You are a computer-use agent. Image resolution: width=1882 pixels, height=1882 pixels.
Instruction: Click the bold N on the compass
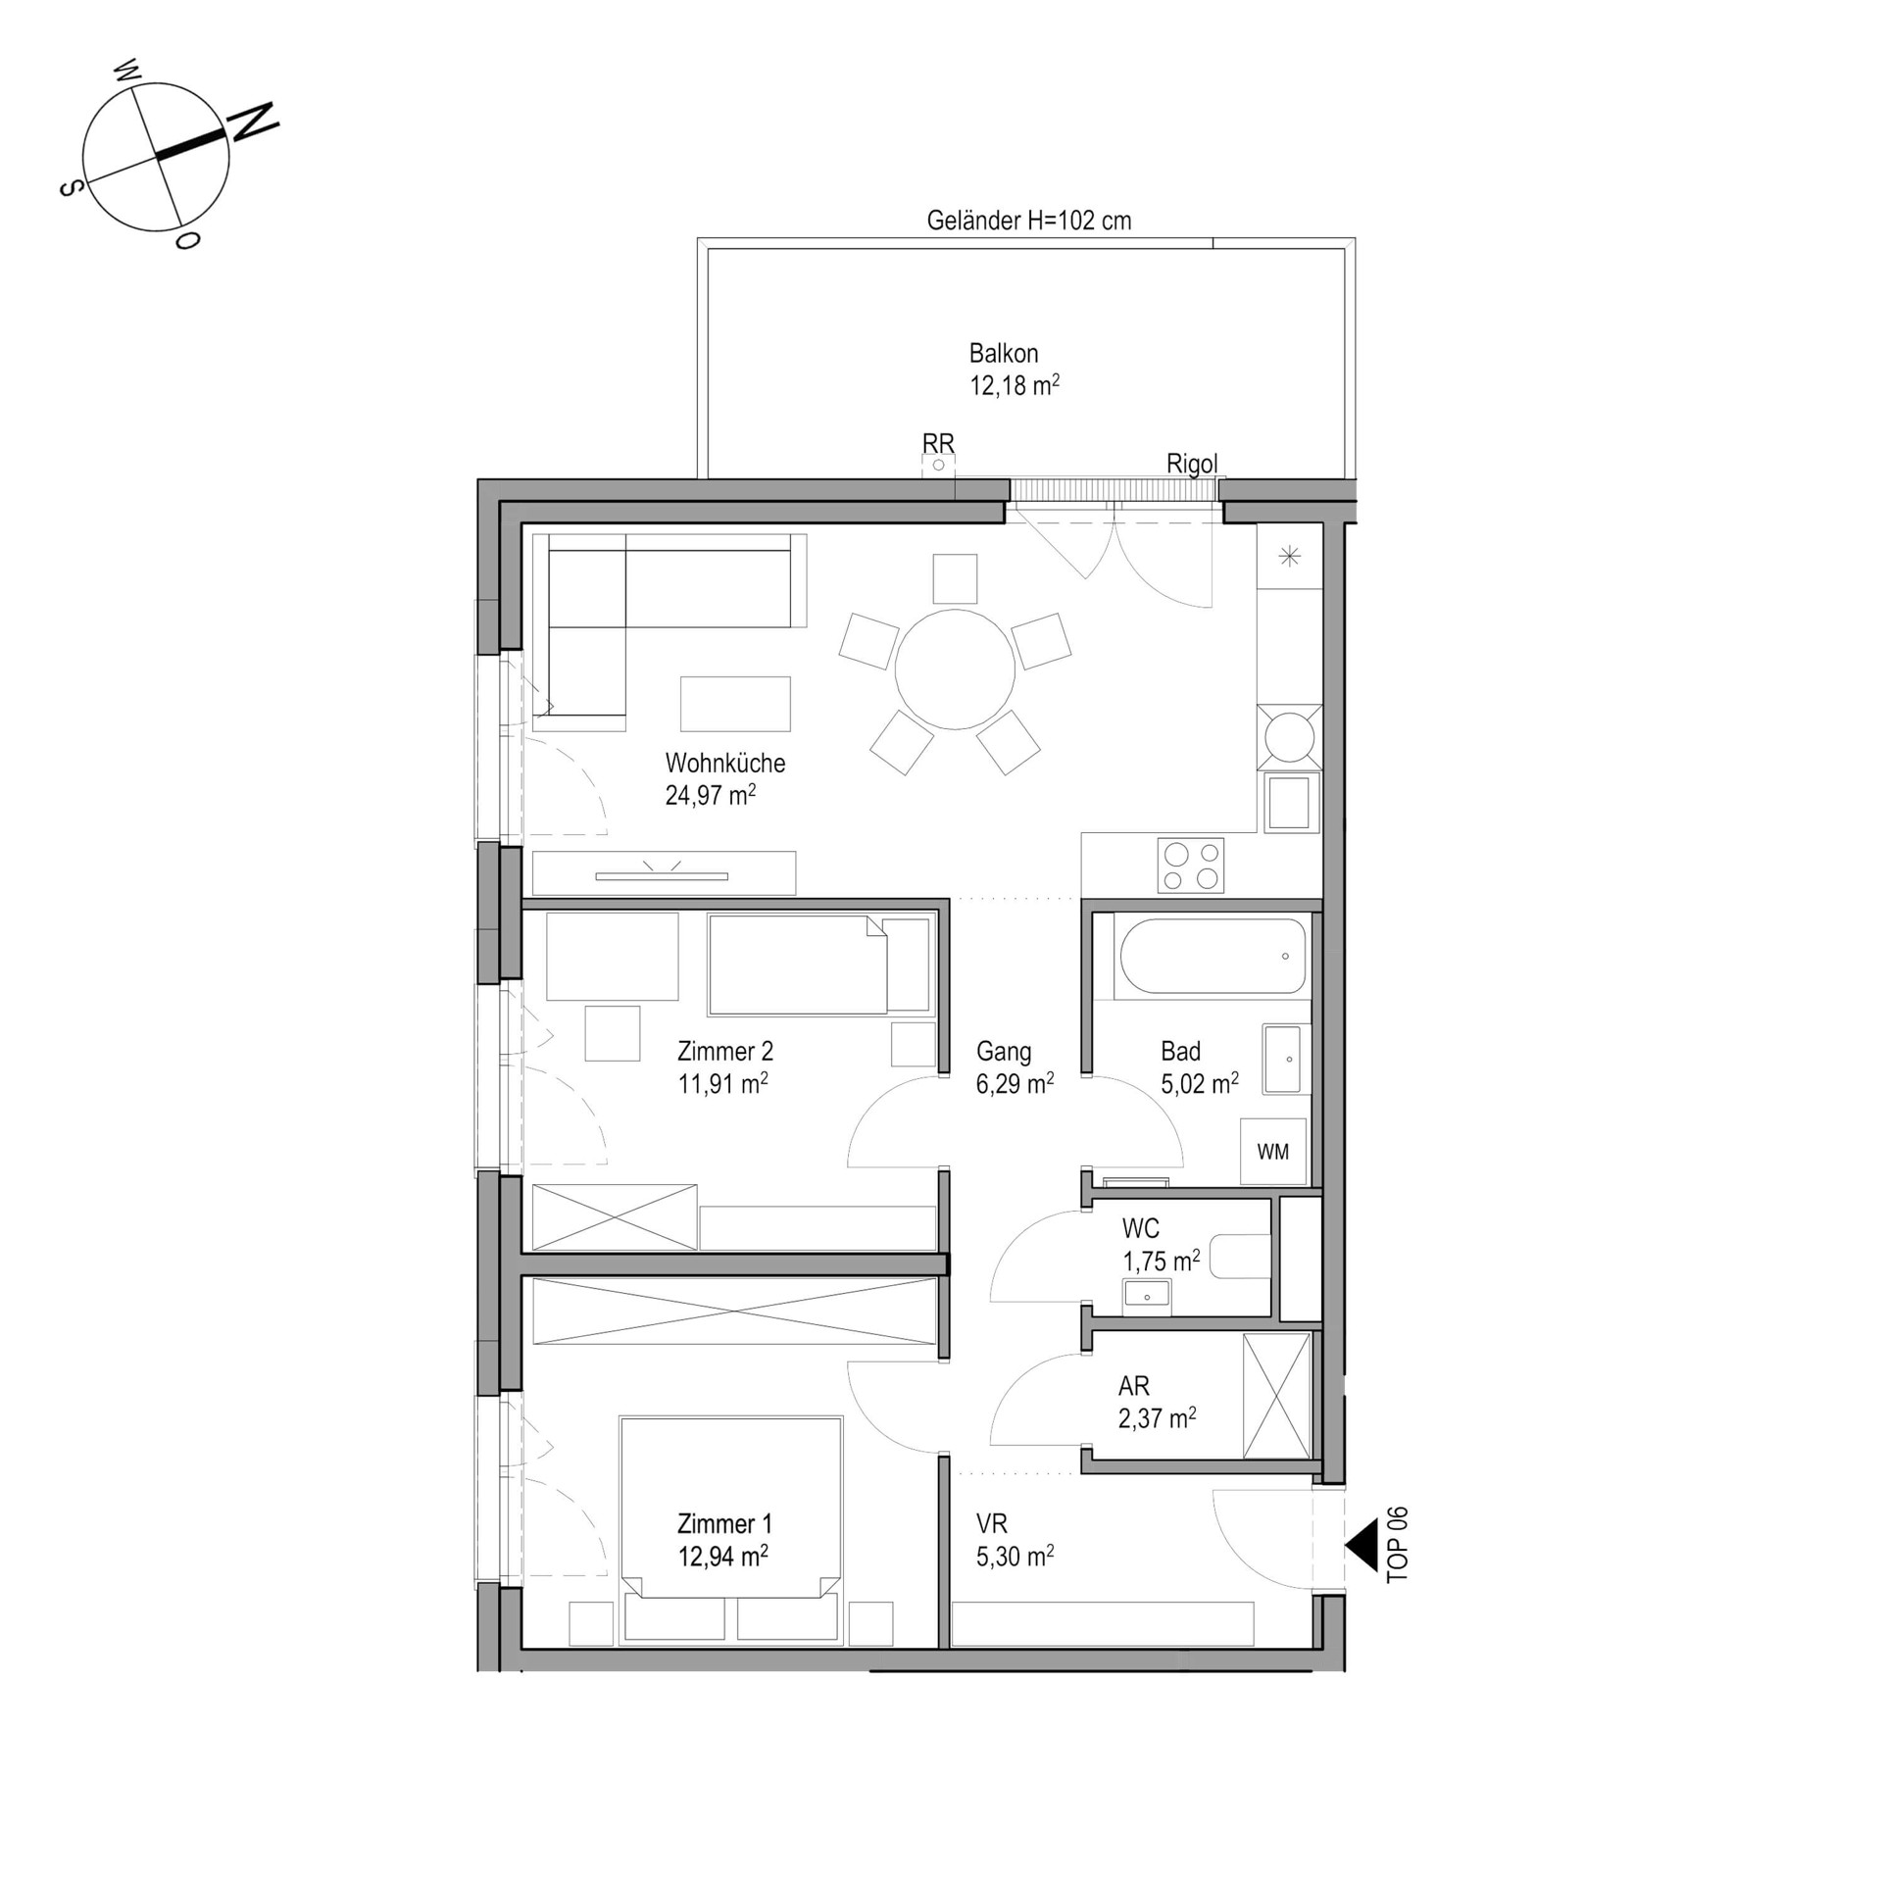coord(253,122)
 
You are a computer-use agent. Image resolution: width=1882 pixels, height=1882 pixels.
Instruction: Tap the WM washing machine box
coord(1273,1152)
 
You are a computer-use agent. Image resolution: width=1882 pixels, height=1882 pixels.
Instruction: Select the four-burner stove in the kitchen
coord(1191,866)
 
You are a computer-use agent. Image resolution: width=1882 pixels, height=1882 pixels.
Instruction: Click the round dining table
coord(955,669)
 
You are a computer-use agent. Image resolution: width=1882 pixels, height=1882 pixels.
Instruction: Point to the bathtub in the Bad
coord(1213,956)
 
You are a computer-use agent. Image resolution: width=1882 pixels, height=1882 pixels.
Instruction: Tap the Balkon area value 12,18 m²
coord(1015,385)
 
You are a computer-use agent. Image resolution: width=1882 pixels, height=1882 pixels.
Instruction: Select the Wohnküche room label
coord(725,762)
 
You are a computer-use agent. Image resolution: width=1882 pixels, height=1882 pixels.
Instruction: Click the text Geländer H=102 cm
coord(1029,221)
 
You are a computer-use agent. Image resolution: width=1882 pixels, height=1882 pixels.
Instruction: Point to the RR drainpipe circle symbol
coord(938,466)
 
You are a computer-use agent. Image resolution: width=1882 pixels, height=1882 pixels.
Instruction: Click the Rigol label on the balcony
coord(1192,464)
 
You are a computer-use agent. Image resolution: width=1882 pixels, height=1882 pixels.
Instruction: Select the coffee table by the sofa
coord(735,704)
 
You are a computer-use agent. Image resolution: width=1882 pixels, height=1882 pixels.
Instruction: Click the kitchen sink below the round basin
coord(1290,804)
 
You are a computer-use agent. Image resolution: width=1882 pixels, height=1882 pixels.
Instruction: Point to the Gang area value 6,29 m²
coord(1015,1084)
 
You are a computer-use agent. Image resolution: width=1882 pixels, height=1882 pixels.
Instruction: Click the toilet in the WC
coord(1241,1257)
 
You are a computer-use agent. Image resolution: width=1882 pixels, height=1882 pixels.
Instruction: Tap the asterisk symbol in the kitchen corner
coord(1289,557)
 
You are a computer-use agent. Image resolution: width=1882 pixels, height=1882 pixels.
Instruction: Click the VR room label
coord(992,1524)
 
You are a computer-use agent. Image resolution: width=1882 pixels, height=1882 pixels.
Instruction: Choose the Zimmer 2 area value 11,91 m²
coord(722,1084)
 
